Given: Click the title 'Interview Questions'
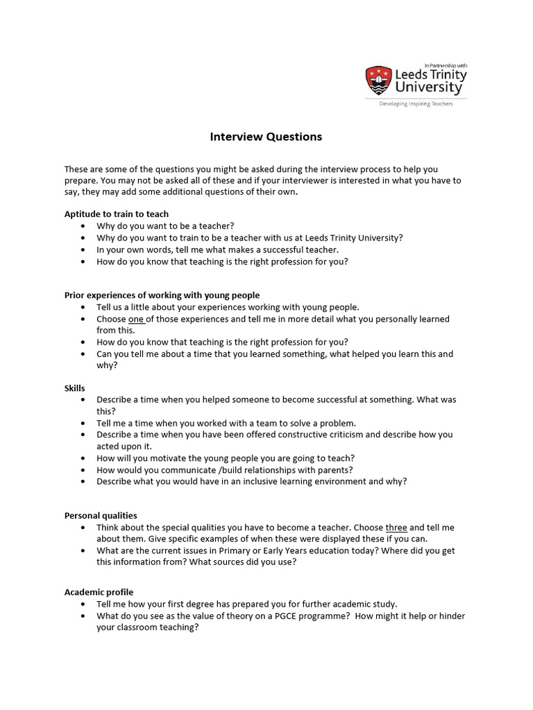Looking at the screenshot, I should click(266, 137).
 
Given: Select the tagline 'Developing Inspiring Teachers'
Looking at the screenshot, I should click(416, 104).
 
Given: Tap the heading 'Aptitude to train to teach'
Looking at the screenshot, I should click(117, 214).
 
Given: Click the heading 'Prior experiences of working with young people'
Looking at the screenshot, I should click(162, 295).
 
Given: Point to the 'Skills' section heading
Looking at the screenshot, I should click(75, 388).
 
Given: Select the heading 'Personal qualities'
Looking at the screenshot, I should click(101, 515).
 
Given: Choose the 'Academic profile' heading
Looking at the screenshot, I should click(99, 592).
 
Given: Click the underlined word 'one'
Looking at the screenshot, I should click(136, 319).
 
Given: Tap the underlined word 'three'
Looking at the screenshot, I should click(396, 527).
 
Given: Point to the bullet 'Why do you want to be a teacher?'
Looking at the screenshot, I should click(165, 225).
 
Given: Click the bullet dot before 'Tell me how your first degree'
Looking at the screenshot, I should click(83, 604).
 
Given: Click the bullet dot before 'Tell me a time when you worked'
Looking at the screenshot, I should click(83, 423).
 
